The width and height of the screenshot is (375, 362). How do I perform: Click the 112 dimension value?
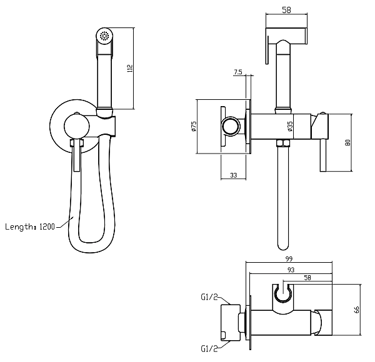click(130, 68)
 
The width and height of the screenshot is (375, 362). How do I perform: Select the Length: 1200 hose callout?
click(29, 227)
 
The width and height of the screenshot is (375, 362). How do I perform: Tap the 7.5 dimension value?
click(237, 72)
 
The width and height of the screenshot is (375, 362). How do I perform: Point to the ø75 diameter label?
click(194, 125)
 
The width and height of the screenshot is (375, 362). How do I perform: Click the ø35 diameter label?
click(290, 125)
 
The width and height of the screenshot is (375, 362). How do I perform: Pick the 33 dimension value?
click(233, 175)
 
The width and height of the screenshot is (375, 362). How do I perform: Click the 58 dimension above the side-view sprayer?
click(286, 11)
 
